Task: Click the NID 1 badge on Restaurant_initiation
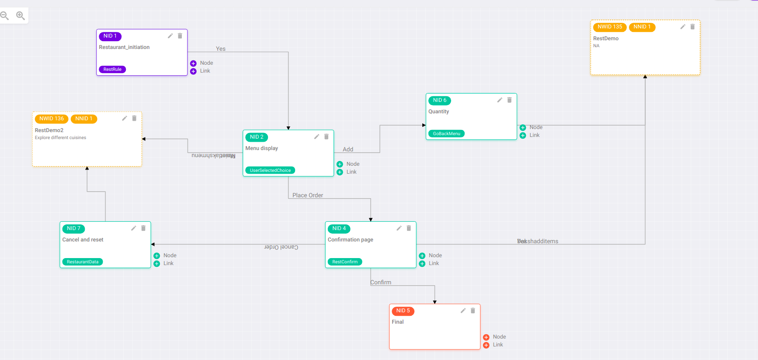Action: [x=110, y=36]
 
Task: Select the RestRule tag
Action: [x=112, y=69]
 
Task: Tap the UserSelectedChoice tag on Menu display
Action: [x=270, y=170]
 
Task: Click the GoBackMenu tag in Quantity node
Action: [x=446, y=133]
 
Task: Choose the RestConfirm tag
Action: [x=344, y=262]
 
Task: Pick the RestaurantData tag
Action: [x=82, y=262]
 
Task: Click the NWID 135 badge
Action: [x=609, y=27]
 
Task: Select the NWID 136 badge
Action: [x=52, y=119]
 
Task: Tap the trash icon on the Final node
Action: [x=473, y=311]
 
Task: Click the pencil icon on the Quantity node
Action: [x=500, y=100]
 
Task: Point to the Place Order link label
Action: [x=308, y=195]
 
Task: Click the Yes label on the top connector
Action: [x=221, y=49]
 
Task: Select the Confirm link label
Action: [x=381, y=282]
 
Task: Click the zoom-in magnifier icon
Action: [x=20, y=16]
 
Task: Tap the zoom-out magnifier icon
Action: [x=4, y=16]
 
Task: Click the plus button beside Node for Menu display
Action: [x=340, y=164]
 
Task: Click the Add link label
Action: [x=348, y=149]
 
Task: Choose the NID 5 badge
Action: [x=403, y=311]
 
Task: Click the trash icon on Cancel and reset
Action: [x=143, y=228]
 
